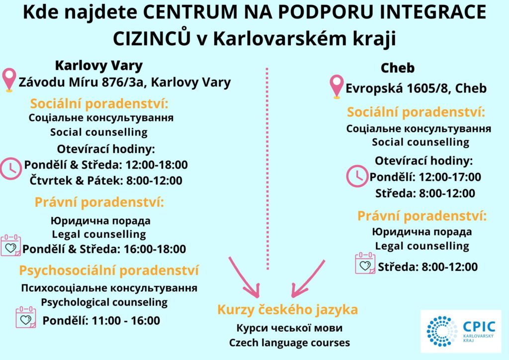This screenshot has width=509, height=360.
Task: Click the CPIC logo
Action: (x=461, y=332)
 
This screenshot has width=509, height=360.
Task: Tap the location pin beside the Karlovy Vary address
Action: (x=9, y=80)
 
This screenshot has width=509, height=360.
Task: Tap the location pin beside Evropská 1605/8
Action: (x=337, y=87)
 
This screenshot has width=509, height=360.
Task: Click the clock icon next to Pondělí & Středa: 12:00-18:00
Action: (x=10, y=169)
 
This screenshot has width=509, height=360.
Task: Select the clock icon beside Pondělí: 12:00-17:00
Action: (x=357, y=176)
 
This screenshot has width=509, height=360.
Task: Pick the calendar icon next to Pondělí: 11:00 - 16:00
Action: (x=26, y=317)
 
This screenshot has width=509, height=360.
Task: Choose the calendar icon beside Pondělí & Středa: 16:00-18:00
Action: (x=11, y=246)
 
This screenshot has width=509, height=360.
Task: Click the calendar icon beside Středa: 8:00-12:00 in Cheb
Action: (x=365, y=263)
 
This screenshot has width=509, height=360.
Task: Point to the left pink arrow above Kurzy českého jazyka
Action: (x=244, y=277)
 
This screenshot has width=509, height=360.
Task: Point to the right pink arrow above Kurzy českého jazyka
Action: (x=308, y=278)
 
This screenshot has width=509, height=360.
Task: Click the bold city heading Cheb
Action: (x=398, y=68)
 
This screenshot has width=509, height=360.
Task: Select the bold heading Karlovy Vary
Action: (x=99, y=66)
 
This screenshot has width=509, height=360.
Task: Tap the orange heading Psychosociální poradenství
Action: (x=109, y=270)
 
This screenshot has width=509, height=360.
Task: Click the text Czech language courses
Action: (x=290, y=343)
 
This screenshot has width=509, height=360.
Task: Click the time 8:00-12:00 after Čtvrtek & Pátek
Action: (x=154, y=180)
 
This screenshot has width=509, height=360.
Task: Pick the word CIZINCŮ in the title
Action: (x=152, y=38)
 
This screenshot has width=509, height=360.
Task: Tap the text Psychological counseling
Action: (x=104, y=302)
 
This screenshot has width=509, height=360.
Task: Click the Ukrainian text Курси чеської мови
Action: (x=289, y=328)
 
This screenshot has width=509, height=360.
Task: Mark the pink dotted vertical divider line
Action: (x=267, y=169)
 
